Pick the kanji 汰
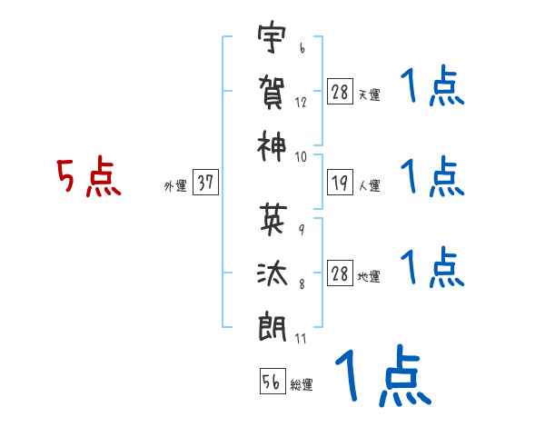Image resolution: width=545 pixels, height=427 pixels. (x=272, y=273)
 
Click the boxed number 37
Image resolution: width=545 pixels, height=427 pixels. (x=204, y=183)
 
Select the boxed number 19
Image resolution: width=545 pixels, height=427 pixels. (x=340, y=183)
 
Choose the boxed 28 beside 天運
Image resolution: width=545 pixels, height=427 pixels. (x=340, y=92)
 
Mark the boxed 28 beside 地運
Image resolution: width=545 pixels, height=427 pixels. (x=340, y=273)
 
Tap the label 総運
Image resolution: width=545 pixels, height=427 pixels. (x=302, y=385)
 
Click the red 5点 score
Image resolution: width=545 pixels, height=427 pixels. (x=89, y=177)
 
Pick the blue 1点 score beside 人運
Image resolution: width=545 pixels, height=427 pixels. (x=431, y=177)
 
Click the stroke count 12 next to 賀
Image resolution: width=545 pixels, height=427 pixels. (x=301, y=103)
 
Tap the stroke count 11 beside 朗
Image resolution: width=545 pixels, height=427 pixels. (x=301, y=340)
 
